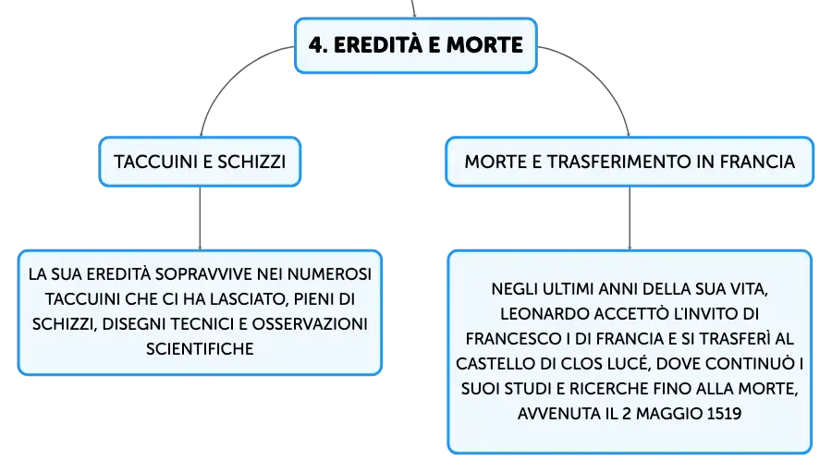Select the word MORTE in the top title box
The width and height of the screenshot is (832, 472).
[x=484, y=45]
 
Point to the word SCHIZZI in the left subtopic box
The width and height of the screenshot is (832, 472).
[x=251, y=162]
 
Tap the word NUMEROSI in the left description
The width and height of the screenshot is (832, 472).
[x=329, y=274]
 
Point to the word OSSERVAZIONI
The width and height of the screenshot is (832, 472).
[x=310, y=324]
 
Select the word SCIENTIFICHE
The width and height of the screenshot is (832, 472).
[x=200, y=349]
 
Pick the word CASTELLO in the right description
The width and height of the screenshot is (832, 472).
[x=495, y=364]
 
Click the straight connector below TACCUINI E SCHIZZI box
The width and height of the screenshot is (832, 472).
[x=200, y=218]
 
